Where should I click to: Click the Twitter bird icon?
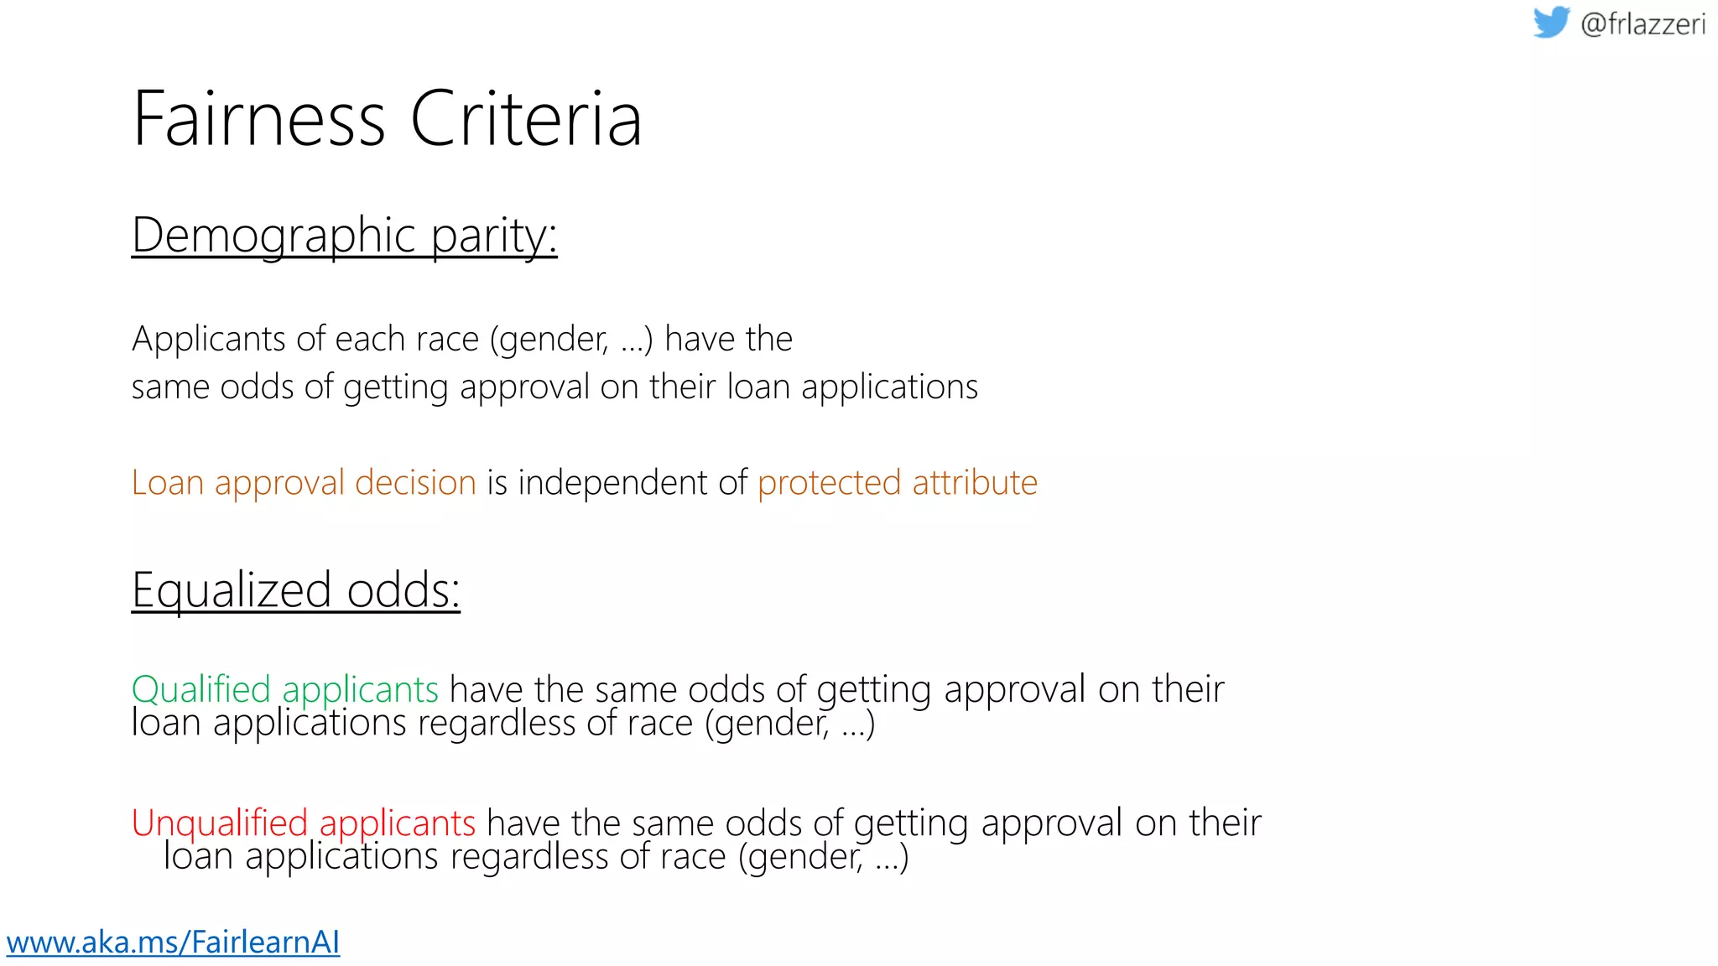point(1551,22)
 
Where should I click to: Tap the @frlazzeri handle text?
point(1643,24)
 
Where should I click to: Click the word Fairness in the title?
point(258,119)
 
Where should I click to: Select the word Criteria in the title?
point(526,119)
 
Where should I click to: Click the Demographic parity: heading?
point(344,236)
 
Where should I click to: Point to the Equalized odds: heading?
point(295,590)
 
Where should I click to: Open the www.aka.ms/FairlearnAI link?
point(173,942)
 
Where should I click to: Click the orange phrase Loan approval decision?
point(304,483)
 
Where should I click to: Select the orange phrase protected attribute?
point(897,483)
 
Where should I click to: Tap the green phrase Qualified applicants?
point(285,689)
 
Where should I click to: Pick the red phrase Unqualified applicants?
point(304,823)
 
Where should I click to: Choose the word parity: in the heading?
point(494,236)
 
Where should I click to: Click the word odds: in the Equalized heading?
point(403,590)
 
